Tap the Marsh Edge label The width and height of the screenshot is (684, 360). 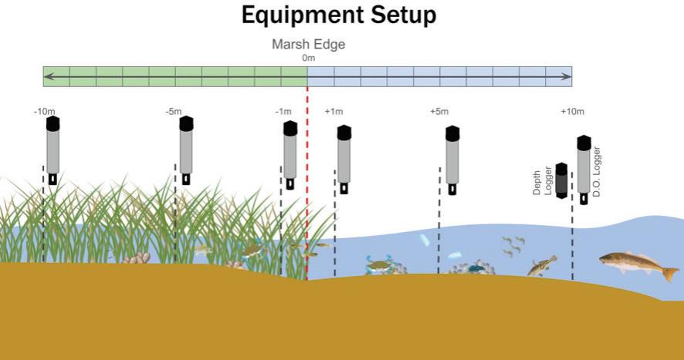308,45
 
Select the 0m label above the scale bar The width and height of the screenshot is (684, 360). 308,58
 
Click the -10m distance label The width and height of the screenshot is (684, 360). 44,112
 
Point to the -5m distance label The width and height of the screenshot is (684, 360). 174,112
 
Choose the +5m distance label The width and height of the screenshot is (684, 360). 439,112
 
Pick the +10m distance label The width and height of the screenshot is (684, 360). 572,112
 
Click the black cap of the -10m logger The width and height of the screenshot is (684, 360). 52,123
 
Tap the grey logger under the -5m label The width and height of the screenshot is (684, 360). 186,150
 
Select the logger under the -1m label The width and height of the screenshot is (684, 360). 290,154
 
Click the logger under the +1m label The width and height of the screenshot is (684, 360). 344,158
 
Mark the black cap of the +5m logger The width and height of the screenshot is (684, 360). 452,133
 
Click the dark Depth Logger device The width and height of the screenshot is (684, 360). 562,182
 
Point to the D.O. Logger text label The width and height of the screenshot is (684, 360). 597,171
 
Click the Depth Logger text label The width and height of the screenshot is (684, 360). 543,179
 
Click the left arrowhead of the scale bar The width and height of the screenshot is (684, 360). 48,76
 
